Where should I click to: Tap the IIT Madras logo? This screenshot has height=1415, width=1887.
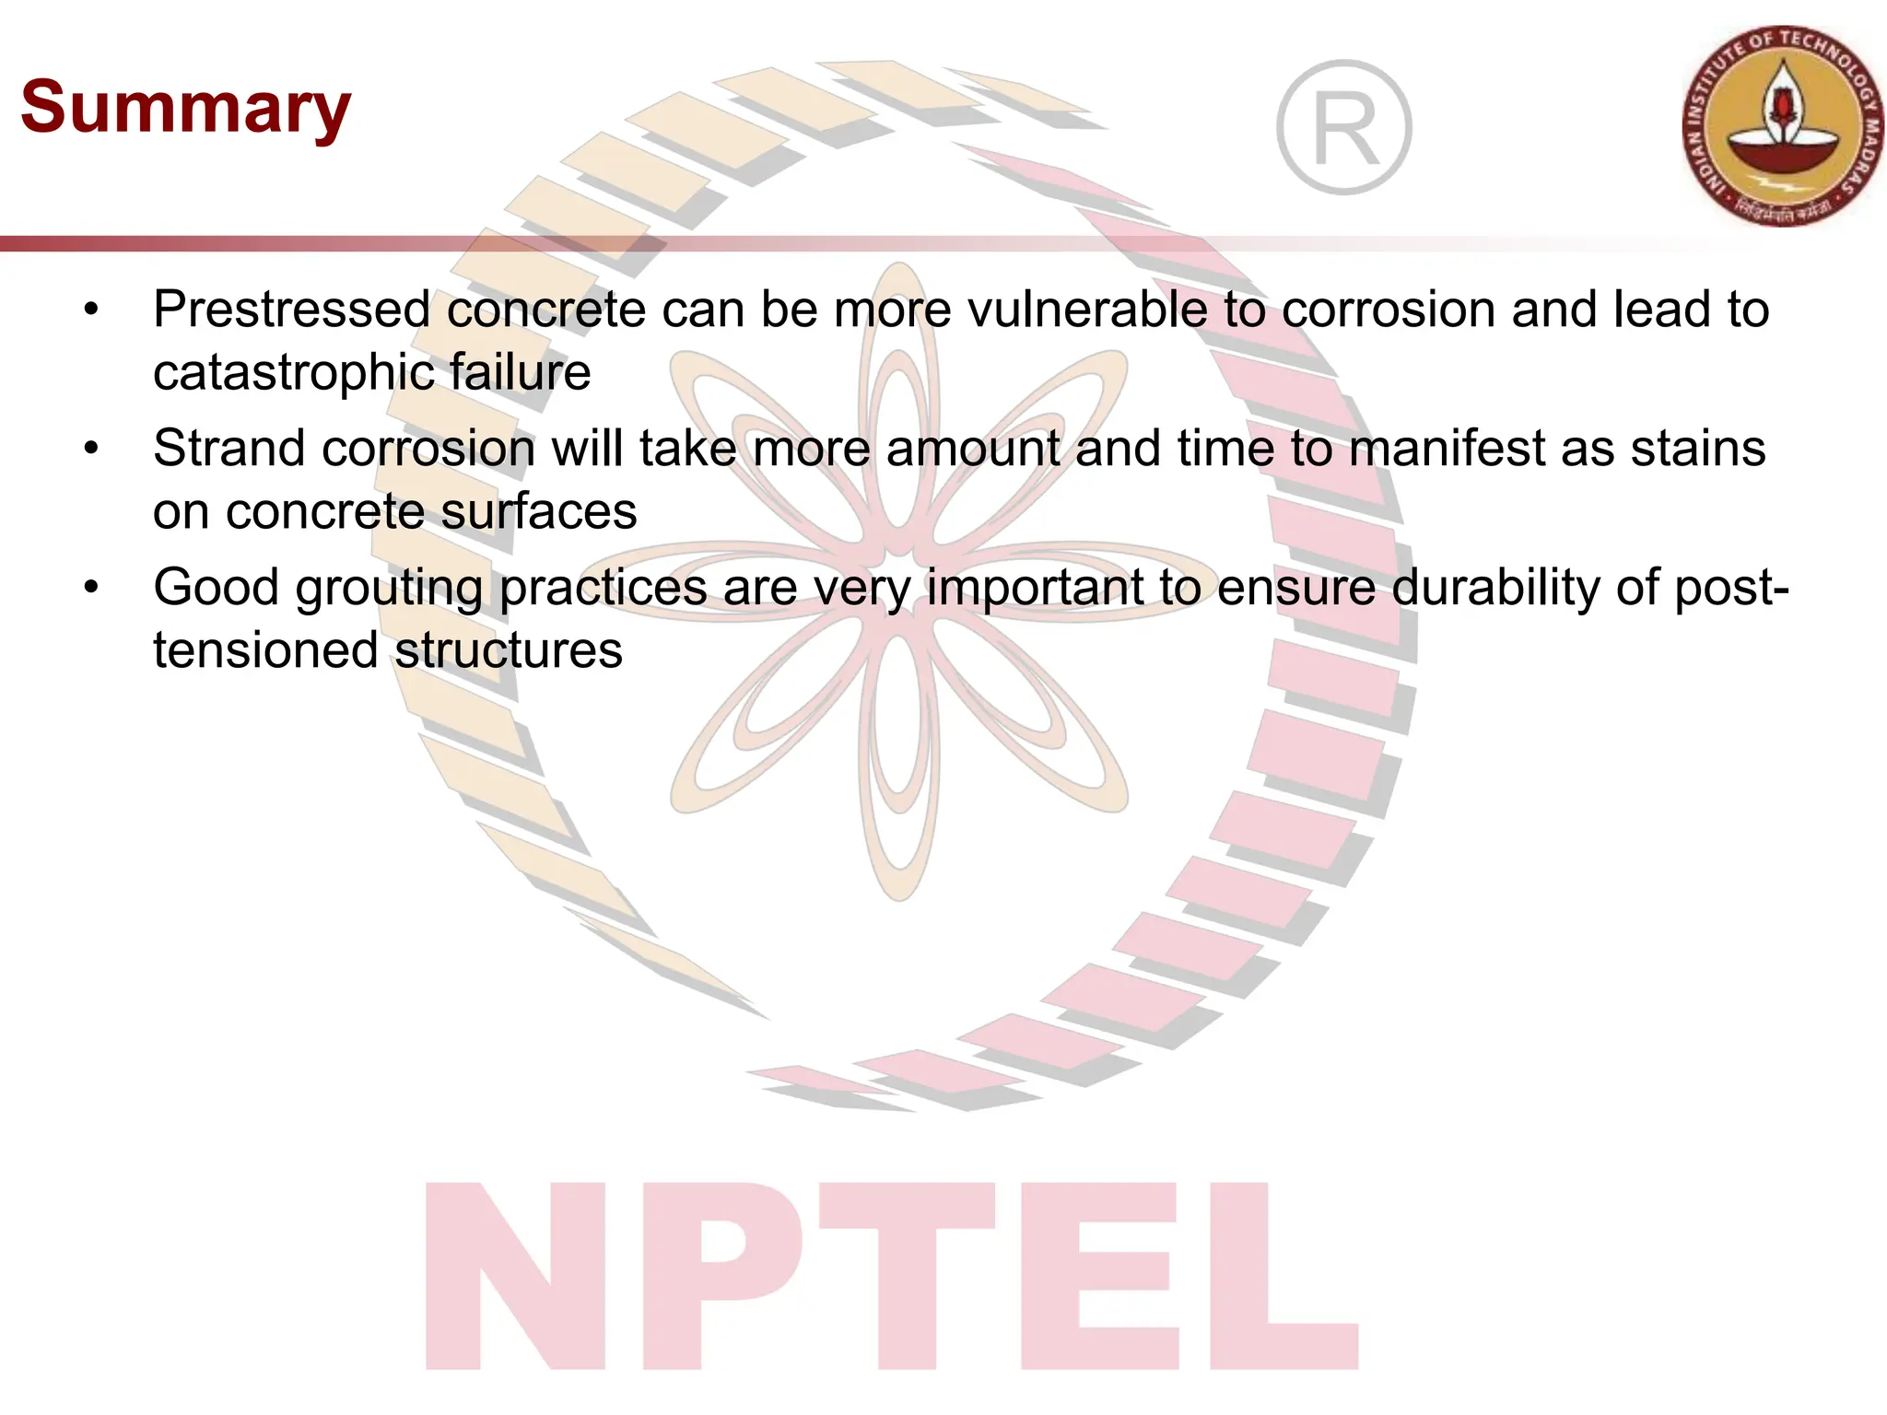[1784, 126]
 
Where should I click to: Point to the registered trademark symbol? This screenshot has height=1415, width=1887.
[1344, 127]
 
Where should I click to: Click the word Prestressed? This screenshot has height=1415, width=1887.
[292, 310]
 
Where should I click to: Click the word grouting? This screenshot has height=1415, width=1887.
[389, 588]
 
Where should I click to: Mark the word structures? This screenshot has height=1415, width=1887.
[509, 650]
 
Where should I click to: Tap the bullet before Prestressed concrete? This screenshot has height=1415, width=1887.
[90, 310]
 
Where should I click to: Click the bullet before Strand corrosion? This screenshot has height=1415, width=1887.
[90, 450]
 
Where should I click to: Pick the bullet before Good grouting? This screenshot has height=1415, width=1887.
[90, 588]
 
